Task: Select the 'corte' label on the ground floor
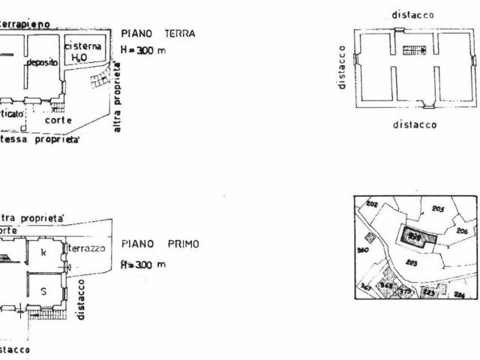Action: click(58, 119)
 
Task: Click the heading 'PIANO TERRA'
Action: click(158, 34)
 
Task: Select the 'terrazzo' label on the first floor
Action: click(89, 247)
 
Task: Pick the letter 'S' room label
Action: click(43, 293)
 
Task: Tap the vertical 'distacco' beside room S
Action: click(82, 299)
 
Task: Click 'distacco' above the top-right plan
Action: click(412, 14)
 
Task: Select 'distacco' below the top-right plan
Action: click(415, 124)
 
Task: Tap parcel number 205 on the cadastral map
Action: click(439, 209)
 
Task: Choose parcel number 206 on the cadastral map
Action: click(462, 232)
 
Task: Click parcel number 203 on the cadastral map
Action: click(411, 262)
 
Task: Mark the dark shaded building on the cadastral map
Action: click(417, 238)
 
